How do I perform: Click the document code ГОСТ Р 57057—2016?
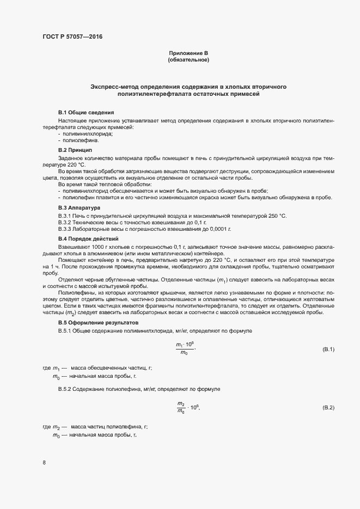click(x=72, y=37)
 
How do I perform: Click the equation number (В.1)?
click(x=328, y=349)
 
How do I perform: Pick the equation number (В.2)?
click(x=328, y=407)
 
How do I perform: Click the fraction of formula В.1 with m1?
click(x=184, y=349)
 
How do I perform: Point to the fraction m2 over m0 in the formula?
click(x=181, y=407)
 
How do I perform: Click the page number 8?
click(x=44, y=463)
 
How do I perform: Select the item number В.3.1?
click(x=65, y=216)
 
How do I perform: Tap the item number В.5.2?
click(x=65, y=389)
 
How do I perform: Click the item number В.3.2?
click(x=65, y=223)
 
